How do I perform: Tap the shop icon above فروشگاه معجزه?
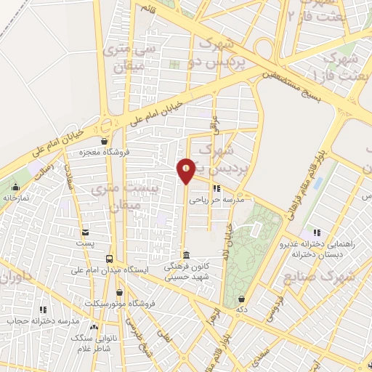pyautogui.click(x=105, y=142)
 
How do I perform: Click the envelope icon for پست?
pyautogui.click(x=86, y=232)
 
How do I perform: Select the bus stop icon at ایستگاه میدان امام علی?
pyautogui.click(x=109, y=259)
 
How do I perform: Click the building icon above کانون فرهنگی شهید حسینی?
pyautogui.click(x=187, y=256)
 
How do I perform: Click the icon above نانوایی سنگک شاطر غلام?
pyautogui.click(x=94, y=328)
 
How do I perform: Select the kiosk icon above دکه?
pyautogui.click(x=241, y=298)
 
